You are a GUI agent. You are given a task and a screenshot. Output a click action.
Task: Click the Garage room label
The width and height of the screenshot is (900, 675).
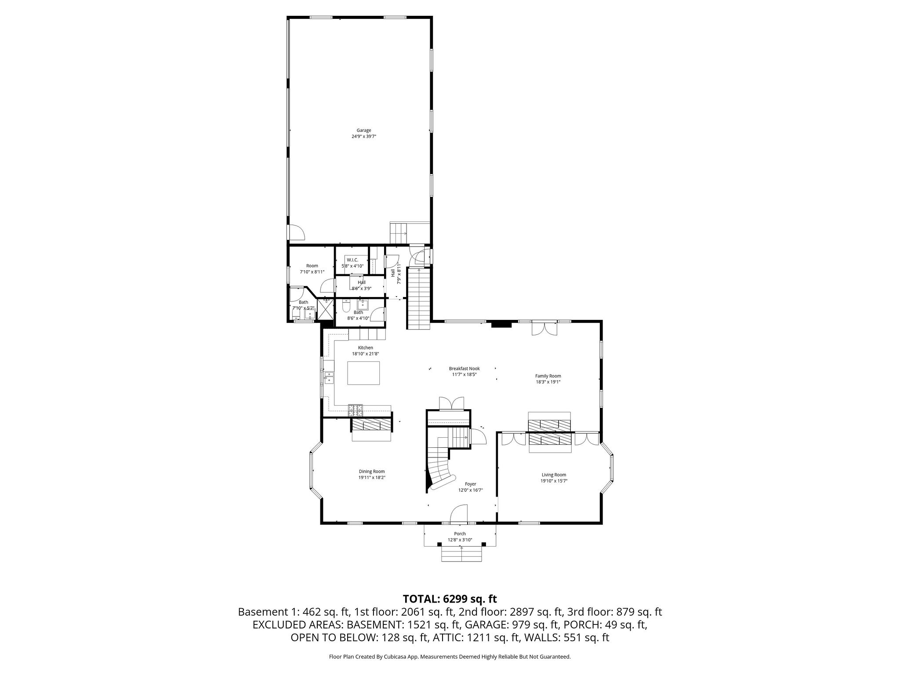pos(363,130)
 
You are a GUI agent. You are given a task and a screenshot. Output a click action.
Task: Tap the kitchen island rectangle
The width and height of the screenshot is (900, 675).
pos(364,373)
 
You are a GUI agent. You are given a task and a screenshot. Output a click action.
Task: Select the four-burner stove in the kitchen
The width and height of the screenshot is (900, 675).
pos(356,410)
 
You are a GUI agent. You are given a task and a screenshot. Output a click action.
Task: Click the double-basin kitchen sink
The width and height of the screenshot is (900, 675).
pos(328,377)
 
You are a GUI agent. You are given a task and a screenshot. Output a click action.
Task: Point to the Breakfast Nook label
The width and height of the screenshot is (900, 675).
pos(464,368)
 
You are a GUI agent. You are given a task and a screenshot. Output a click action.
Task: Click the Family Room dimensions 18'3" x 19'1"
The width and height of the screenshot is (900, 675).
pos(548,382)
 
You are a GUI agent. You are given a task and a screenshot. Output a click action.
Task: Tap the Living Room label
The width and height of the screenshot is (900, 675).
pos(553,475)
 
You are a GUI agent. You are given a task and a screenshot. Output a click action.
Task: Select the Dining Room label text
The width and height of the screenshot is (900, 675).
pos(372,471)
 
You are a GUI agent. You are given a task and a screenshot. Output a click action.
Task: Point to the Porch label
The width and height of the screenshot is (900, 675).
pos(460,533)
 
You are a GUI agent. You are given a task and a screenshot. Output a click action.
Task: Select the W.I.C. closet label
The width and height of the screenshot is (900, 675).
pos(352,260)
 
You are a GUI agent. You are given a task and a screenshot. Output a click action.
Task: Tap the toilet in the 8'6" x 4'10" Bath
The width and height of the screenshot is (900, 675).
pos(346,305)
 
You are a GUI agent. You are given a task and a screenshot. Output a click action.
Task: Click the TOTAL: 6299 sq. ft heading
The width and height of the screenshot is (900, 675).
pos(450,599)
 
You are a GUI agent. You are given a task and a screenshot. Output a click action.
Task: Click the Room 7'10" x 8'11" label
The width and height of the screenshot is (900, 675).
pos(312,265)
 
